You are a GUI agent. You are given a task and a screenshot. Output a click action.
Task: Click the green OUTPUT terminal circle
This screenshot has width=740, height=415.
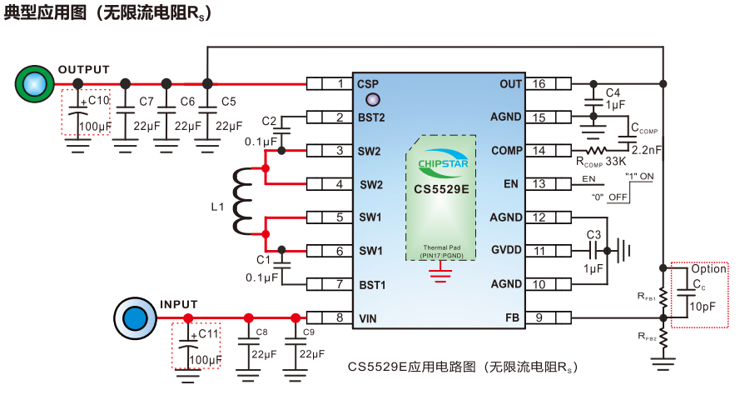[x=34, y=83]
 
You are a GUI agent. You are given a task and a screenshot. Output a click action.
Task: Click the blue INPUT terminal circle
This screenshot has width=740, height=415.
[x=132, y=317]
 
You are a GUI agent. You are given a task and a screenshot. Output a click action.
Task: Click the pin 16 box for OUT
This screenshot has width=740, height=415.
[x=550, y=83]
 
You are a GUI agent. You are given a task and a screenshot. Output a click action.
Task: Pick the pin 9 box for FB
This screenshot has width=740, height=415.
[x=550, y=317]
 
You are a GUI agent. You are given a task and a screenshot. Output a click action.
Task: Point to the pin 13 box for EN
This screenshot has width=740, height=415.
[x=550, y=183]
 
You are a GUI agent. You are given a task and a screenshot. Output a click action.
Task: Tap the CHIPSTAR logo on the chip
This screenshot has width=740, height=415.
[x=442, y=163]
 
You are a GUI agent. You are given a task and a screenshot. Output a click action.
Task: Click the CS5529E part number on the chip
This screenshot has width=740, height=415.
[x=442, y=189]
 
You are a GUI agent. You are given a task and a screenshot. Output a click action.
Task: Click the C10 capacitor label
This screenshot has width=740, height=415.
[x=99, y=101]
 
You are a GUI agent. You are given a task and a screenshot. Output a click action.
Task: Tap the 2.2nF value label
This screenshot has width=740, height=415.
[x=645, y=150]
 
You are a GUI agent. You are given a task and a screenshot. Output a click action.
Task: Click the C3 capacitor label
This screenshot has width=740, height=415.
[x=593, y=234]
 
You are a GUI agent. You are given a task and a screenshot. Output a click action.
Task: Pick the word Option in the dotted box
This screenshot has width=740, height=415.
[x=708, y=269]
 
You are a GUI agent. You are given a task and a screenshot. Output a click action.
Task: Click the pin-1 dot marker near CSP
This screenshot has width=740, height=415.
[x=363, y=100]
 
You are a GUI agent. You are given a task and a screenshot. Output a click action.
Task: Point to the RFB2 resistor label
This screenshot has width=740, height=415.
[x=646, y=336]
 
